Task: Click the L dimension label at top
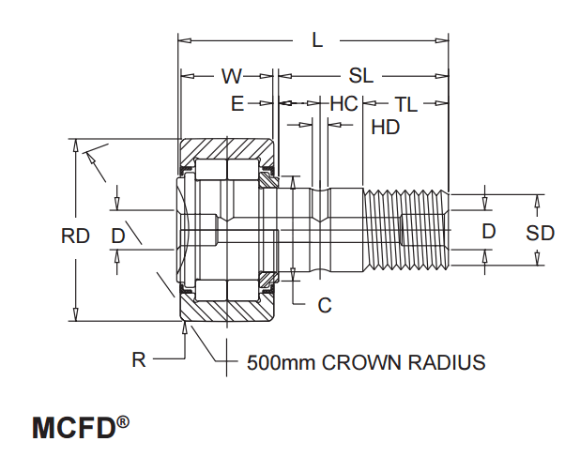[x=317, y=40]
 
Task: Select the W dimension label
[x=231, y=76]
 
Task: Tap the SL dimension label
[x=360, y=76]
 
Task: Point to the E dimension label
[x=237, y=103]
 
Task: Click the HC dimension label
[x=343, y=103]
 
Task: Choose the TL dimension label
[x=405, y=103]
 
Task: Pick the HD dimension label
[x=385, y=128]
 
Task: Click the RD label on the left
[x=75, y=236]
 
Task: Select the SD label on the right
[x=540, y=233]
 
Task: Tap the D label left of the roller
[x=117, y=236]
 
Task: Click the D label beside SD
[x=488, y=231]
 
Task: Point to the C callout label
[x=325, y=305]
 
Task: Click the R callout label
[x=138, y=360]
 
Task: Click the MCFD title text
[x=73, y=428]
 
